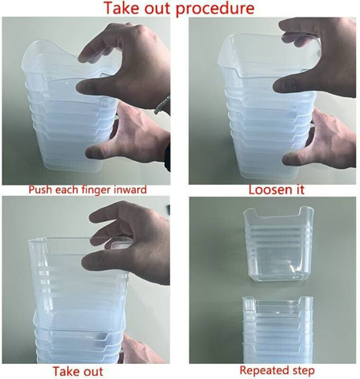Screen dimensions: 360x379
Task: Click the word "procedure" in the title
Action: [x=215, y=9]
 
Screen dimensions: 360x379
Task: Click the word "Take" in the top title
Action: [x=122, y=8]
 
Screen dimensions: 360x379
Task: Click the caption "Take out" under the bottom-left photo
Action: [x=78, y=371]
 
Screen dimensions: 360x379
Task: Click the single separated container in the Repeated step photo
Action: [x=279, y=245]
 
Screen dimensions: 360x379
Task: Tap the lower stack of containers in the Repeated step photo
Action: [x=278, y=329]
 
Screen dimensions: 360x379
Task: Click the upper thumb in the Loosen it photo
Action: [x=286, y=85]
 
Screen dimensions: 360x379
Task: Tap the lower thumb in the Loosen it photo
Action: [x=294, y=159]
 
